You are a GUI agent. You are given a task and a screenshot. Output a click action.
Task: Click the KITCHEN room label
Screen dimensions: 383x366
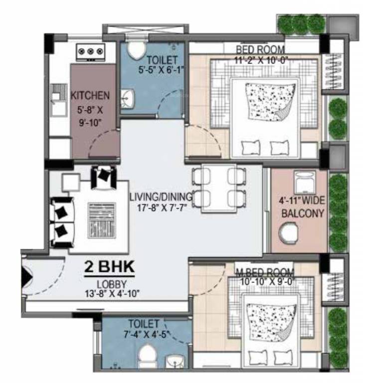[x=90, y=95]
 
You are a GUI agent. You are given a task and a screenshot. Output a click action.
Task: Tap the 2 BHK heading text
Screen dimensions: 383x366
[x=109, y=267]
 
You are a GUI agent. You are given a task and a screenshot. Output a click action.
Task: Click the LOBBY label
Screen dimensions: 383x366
[x=110, y=283]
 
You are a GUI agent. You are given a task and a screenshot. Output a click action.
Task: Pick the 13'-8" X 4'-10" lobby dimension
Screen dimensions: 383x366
[x=110, y=293]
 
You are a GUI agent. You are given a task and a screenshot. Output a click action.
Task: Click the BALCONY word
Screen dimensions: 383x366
[x=303, y=214]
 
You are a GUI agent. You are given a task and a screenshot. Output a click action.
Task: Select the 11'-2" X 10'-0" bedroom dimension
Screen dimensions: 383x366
[x=260, y=60]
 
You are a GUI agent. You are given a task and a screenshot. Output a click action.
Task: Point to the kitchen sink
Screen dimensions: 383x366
[x=58, y=93]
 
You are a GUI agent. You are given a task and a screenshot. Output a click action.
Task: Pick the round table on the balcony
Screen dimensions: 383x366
[x=288, y=232]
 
